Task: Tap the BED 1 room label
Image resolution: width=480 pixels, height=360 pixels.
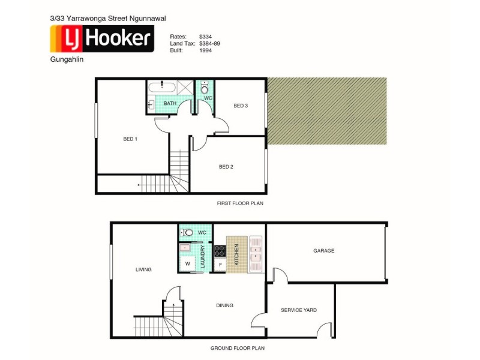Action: point(130,139)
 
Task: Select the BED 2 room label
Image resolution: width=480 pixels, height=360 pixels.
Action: point(226,167)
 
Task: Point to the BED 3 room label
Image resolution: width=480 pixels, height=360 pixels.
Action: point(241,106)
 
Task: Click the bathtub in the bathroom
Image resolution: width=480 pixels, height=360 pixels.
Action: point(161,86)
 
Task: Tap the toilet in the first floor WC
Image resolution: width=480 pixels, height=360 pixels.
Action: point(205,89)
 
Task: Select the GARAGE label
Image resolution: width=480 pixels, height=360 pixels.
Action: point(323,251)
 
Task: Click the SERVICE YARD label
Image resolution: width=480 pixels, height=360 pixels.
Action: point(298,310)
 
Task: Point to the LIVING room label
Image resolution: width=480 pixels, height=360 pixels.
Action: point(143,269)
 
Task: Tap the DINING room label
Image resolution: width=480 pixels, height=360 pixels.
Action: point(224,305)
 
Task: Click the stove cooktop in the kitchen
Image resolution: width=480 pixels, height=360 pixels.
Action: point(220,251)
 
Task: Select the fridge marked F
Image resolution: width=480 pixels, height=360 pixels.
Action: point(220,264)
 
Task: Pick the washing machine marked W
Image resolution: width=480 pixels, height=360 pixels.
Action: point(187,263)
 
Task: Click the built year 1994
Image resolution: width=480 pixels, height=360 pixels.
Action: point(206,50)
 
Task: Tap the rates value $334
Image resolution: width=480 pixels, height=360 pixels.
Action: point(206,36)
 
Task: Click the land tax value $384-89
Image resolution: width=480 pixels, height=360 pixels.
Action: point(211,43)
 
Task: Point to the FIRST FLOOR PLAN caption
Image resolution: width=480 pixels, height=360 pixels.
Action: point(240,204)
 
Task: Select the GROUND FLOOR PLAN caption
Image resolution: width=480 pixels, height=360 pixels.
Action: point(237,348)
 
